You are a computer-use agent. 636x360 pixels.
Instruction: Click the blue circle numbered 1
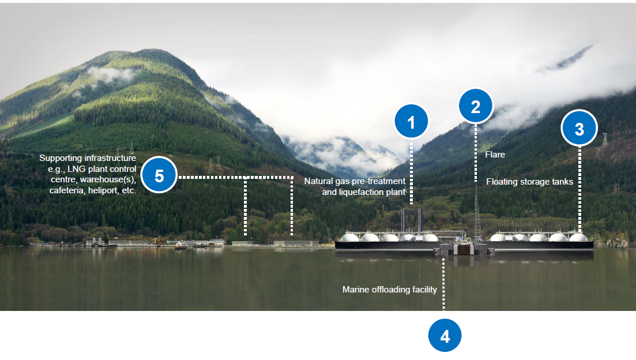click(x=411, y=122)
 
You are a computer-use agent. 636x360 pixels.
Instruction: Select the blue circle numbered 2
click(x=476, y=106)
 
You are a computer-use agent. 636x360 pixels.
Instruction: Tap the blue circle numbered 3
click(x=579, y=129)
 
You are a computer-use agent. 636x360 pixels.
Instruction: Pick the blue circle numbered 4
click(x=445, y=335)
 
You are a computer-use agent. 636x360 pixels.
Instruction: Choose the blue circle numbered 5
click(x=159, y=175)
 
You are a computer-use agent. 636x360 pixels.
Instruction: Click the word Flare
click(x=495, y=155)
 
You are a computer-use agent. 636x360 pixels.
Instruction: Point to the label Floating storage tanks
click(x=529, y=182)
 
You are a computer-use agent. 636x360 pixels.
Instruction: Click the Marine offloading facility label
click(x=390, y=290)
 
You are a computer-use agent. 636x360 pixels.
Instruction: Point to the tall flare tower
click(x=477, y=213)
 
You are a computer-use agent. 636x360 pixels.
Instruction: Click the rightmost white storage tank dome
click(x=578, y=237)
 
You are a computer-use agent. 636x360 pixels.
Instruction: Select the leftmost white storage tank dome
click(x=350, y=237)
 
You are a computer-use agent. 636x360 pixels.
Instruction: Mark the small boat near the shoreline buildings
click(x=180, y=245)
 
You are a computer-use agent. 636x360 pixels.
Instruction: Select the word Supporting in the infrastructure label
click(x=59, y=157)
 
